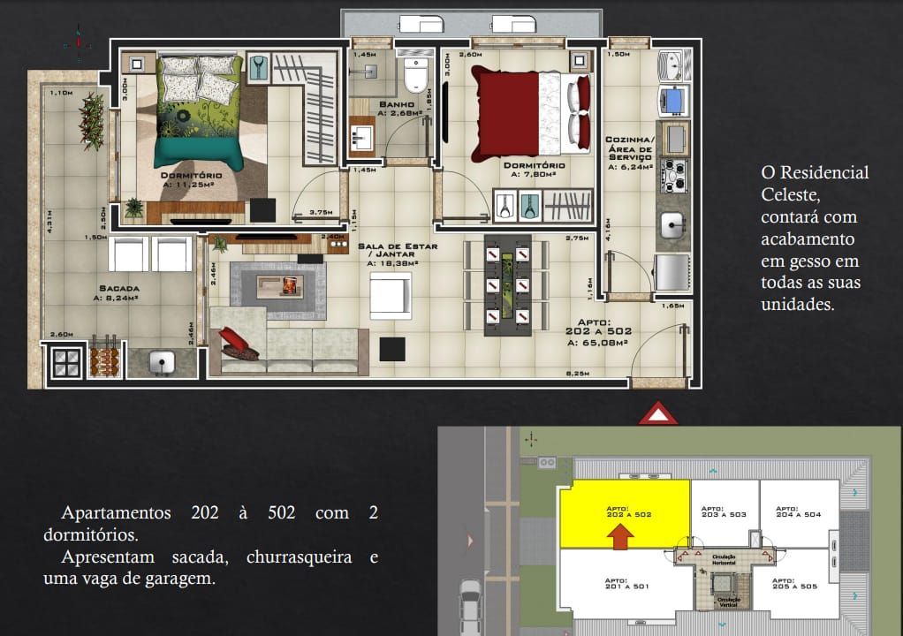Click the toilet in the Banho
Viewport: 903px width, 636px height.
point(414,74)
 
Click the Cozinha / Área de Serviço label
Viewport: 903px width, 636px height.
point(629,151)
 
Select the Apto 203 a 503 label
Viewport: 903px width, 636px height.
point(724,511)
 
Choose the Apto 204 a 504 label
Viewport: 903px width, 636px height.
point(798,511)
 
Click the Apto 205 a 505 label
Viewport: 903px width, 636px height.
point(793,586)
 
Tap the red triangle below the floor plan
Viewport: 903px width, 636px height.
point(658,413)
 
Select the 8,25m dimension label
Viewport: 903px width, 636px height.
point(580,375)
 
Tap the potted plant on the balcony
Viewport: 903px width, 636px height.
point(92,113)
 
